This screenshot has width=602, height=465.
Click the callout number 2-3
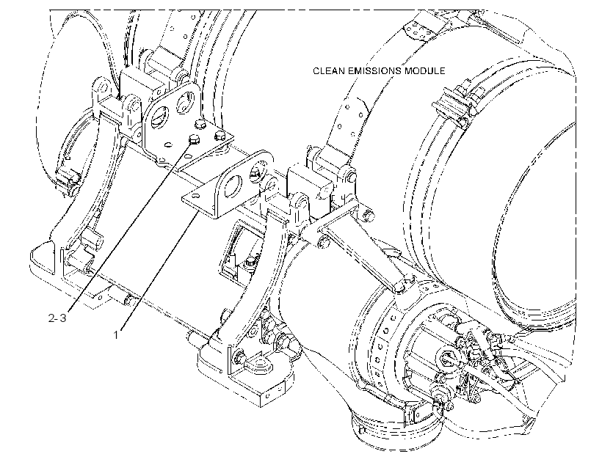click(x=57, y=318)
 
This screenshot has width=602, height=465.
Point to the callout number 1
click(x=115, y=335)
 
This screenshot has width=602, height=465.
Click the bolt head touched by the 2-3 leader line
click(x=195, y=139)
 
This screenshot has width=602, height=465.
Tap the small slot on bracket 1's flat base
click(x=196, y=196)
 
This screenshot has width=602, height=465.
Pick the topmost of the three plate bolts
click(x=200, y=124)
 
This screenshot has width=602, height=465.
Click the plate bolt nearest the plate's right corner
click(x=220, y=136)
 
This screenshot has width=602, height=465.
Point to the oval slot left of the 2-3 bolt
click(x=168, y=144)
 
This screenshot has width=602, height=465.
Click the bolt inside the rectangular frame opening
click(x=250, y=263)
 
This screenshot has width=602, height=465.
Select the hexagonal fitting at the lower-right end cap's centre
click(x=447, y=358)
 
